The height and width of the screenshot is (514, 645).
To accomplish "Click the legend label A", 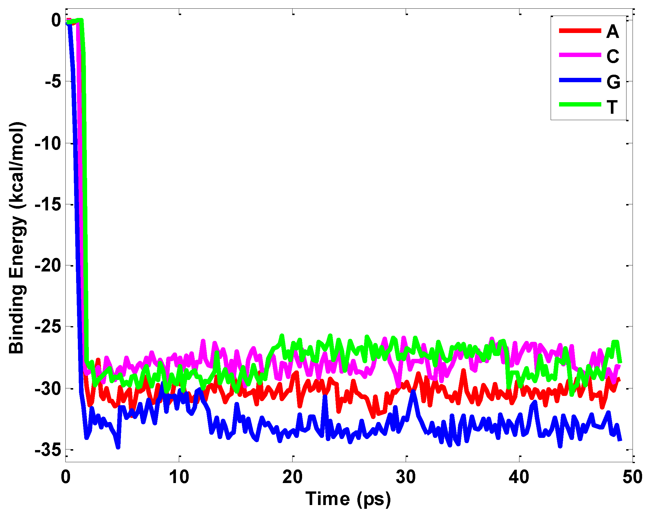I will coord(612,32).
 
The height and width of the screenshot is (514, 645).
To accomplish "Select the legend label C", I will coord(613,56).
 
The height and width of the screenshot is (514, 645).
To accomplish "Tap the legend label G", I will coord(613,82).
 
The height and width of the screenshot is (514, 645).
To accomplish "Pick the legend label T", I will coord(612,107).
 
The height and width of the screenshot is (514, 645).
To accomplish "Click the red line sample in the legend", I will coord(580,30).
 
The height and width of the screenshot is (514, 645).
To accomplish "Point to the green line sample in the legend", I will coord(580,104).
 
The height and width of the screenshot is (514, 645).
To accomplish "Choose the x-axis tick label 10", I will coord(179,477).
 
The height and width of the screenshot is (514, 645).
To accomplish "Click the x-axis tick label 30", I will coord(406,477).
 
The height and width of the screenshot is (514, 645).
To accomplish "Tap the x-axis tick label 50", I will coord(632,477).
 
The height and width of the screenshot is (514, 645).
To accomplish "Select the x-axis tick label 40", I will coord(519,477).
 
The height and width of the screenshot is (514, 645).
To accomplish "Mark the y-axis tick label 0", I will coord(56,20).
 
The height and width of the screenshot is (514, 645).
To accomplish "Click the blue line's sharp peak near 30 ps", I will coord(414,391).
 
